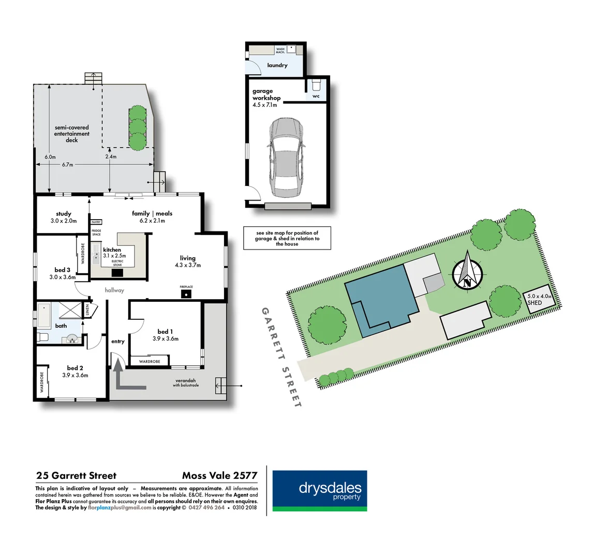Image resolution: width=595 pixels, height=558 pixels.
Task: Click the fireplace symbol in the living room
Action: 186,294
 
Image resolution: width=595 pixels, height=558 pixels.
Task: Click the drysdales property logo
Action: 320,491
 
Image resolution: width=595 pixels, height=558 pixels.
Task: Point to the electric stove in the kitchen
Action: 117,272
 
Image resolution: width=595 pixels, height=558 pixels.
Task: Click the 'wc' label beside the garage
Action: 316,96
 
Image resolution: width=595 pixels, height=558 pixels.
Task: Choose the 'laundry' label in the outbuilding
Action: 277,65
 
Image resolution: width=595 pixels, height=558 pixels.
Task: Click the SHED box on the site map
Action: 538,300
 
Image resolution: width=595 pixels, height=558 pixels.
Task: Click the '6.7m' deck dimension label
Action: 67,165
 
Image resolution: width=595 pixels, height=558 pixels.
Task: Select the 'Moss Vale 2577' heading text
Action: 219,475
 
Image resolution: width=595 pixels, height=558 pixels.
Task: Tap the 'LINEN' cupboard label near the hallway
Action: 88,310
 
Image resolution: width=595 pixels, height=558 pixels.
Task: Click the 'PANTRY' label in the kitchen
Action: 96,222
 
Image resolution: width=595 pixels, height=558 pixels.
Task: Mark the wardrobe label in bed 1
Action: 150,362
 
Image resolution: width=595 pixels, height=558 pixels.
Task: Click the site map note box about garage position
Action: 287,238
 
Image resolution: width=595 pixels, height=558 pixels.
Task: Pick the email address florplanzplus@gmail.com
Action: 120,507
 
